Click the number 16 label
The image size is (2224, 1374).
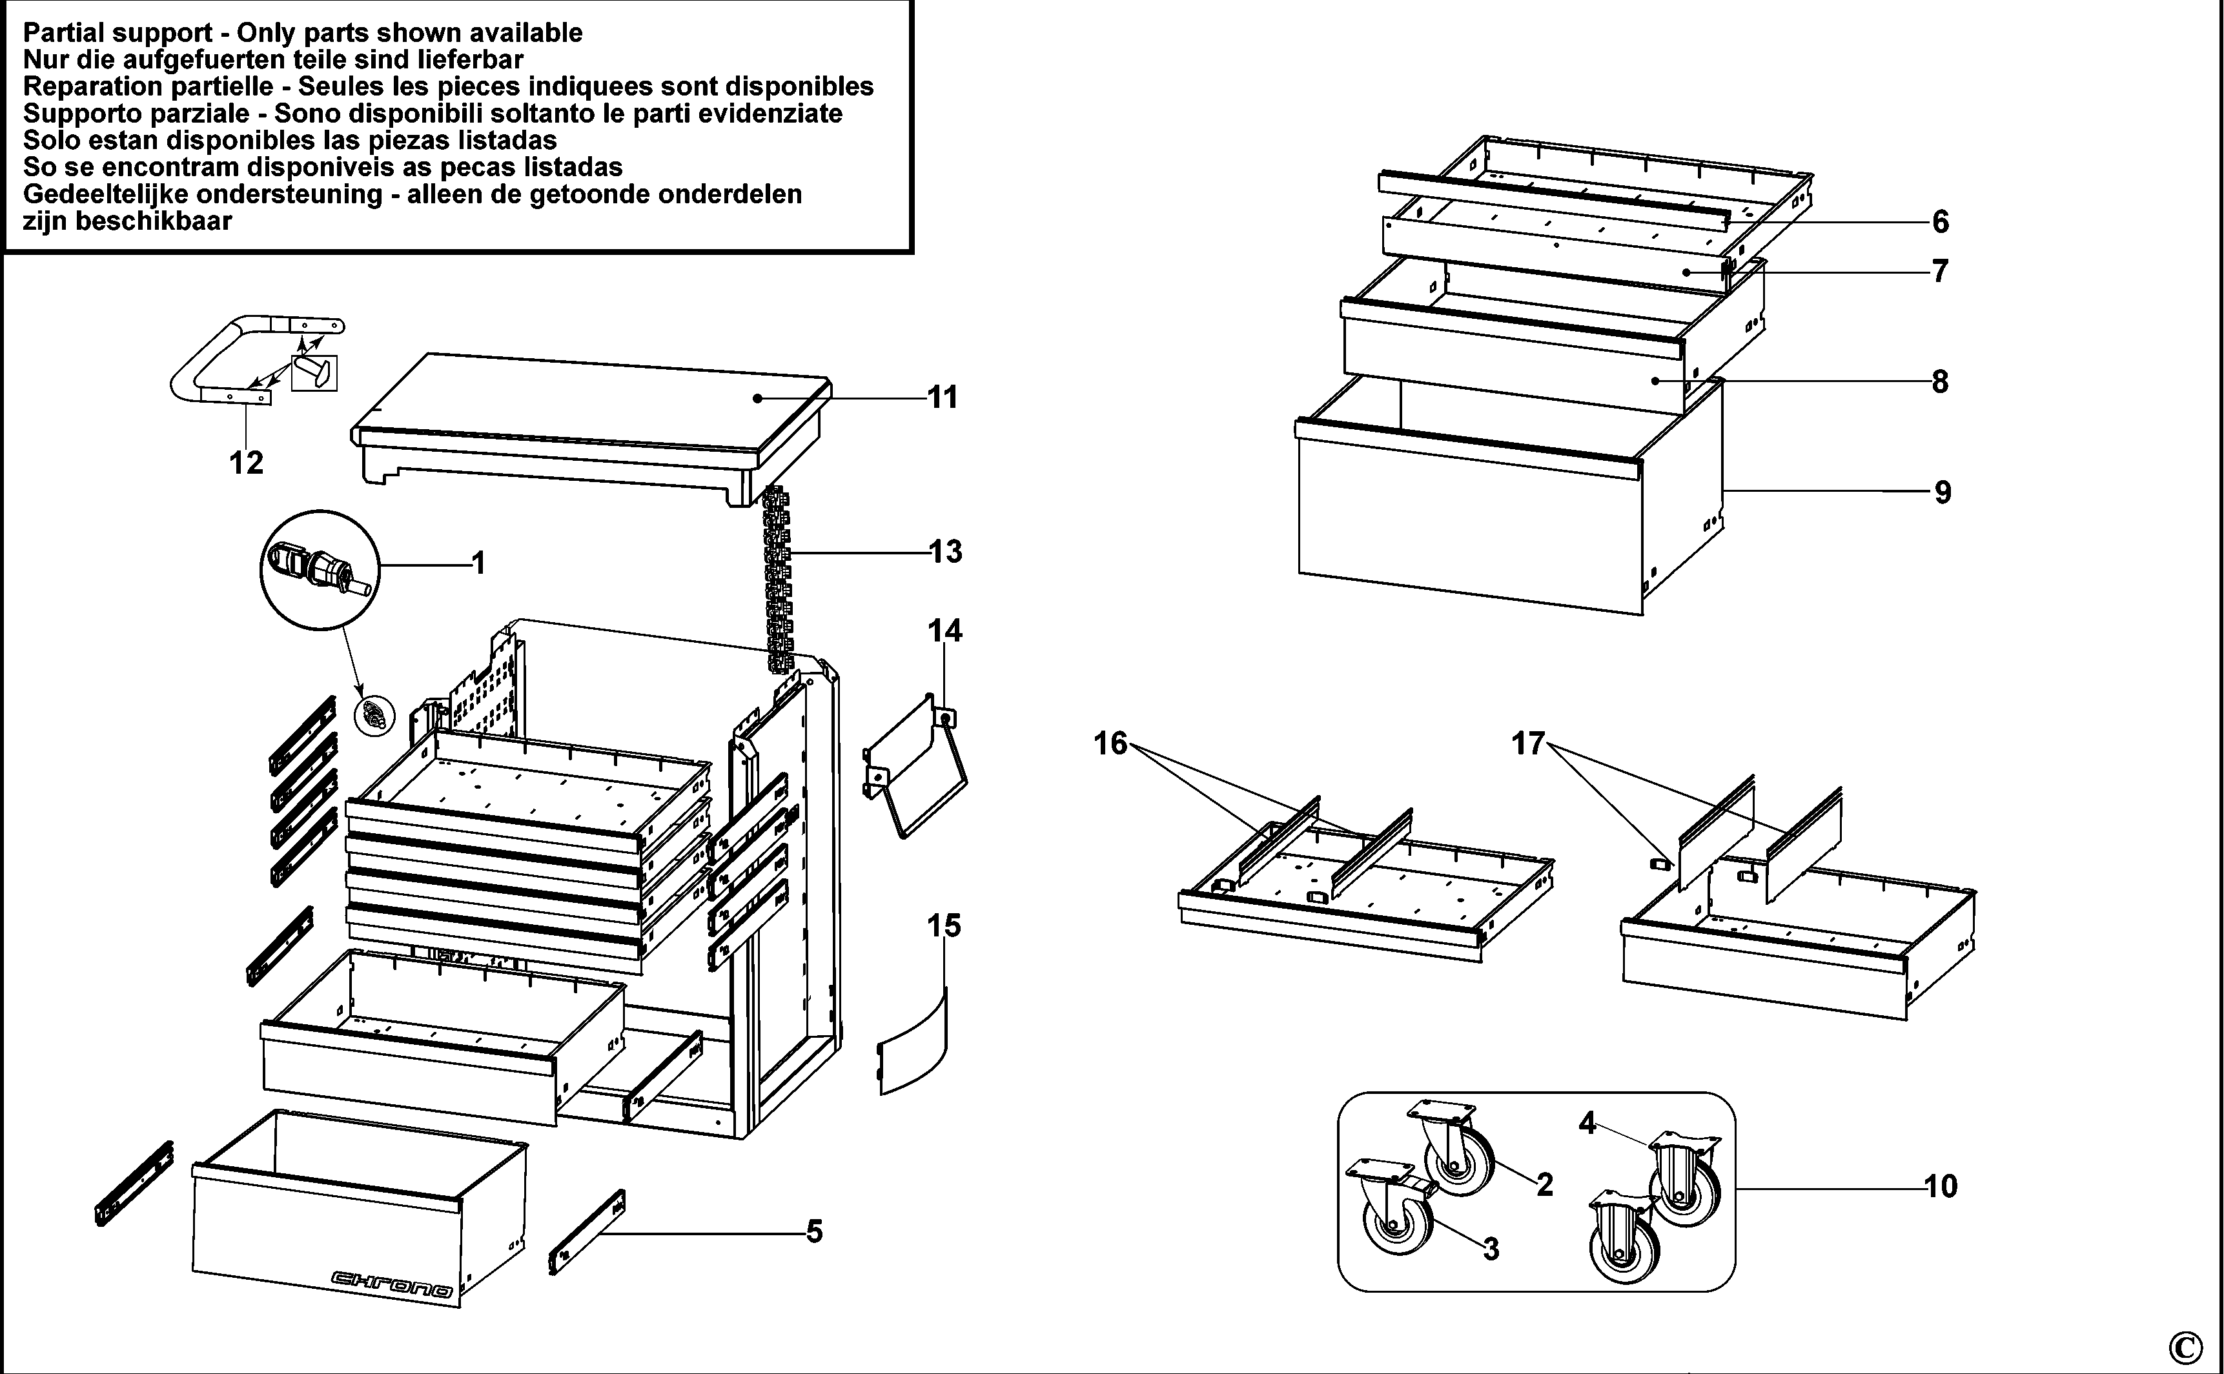pos(1110,743)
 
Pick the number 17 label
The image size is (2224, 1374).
pos(1528,743)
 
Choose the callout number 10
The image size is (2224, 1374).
pos(1941,1186)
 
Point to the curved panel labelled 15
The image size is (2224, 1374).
pos(913,1045)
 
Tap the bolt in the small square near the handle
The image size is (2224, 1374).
pos(312,372)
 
